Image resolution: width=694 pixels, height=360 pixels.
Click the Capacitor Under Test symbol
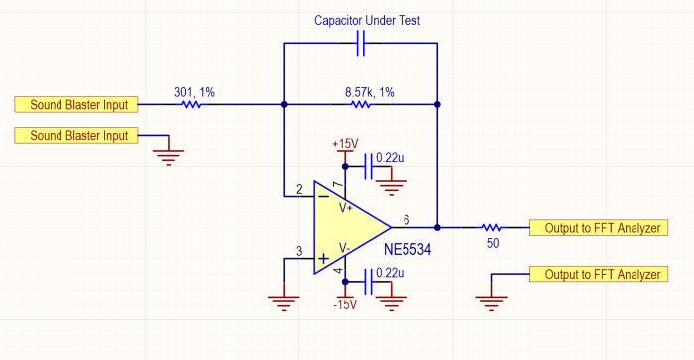pos(361,43)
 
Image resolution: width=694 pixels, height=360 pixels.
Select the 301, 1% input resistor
pos(191,104)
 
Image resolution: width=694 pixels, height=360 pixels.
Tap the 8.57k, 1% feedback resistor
pos(360,104)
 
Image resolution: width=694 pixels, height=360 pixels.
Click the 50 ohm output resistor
pos(492,227)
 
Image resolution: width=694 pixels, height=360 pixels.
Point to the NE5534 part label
pos(407,249)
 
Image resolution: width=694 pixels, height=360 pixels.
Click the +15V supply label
pos(345,144)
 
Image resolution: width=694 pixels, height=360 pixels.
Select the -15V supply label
pos(345,305)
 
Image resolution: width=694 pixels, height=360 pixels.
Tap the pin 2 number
pos(299,190)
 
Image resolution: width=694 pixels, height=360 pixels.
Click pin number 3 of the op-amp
pos(299,252)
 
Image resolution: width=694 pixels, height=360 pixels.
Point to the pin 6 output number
pos(406,220)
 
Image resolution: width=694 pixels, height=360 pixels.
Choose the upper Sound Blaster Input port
pos(76,104)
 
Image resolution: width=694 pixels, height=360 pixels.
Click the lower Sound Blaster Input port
pos(76,136)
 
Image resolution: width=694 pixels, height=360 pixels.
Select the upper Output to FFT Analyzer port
pos(599,228)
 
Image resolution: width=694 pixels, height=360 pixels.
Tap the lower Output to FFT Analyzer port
pos(599,274)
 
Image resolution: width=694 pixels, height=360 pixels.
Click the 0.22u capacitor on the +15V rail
pos(368,166)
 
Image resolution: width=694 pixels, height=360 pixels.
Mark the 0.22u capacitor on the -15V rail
pos(368,282)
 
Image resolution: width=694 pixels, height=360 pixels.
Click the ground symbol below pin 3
pos(284,303)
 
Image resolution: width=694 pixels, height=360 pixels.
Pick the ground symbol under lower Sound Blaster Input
pos(169,158)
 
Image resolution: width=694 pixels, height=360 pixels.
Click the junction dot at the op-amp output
pos(437,227)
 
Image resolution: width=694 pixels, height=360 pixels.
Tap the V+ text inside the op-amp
pos(346,207)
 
